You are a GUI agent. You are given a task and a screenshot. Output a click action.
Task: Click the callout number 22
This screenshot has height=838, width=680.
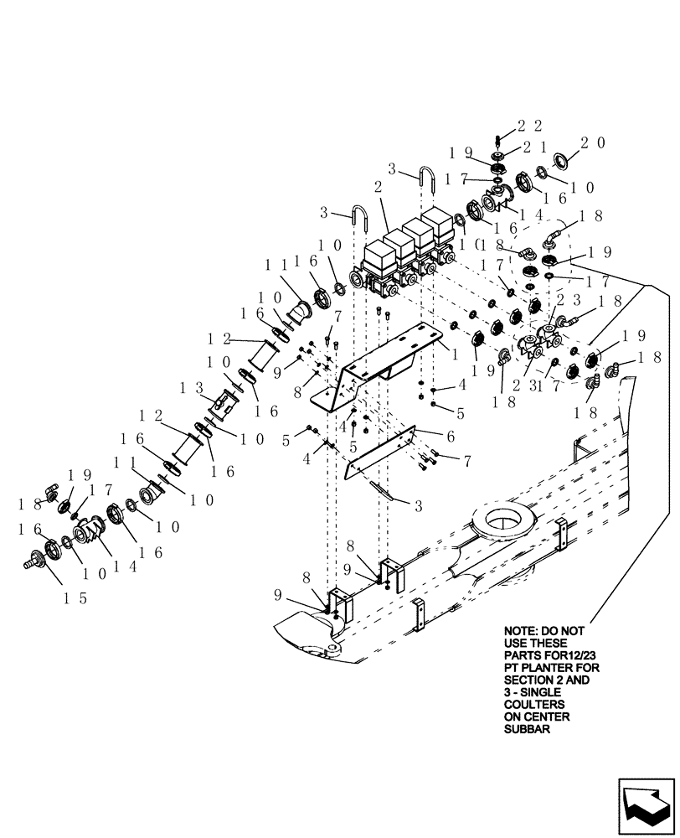tap(529, 126)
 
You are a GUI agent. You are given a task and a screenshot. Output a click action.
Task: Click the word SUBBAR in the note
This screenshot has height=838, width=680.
tap(525, 730)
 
